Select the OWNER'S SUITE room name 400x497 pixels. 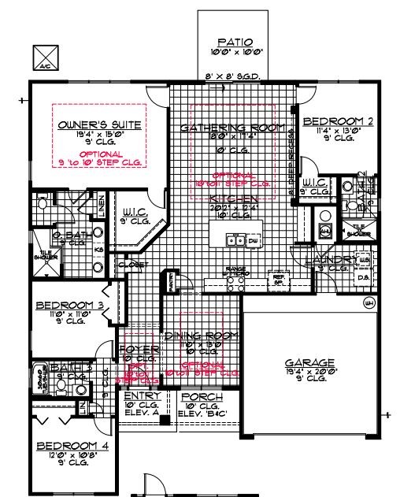click(x=88, y=124)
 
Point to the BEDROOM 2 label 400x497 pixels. click(x=337, y=121)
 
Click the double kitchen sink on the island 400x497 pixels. click(x=234, y=239)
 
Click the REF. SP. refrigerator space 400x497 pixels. click(x=280, y=278)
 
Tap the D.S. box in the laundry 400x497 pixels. click(x=364, y=277)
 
